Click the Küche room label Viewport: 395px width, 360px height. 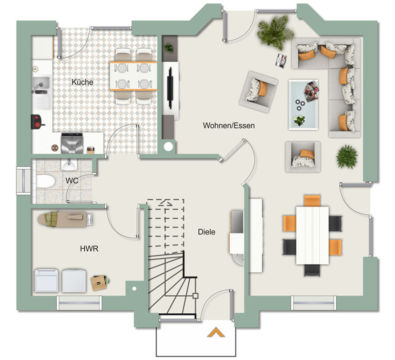[x=82, y=82]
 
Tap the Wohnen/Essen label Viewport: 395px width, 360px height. [x=229, y=125]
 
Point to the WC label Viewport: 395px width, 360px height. [x=72, y=181]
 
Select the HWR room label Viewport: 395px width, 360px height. [x=89, y=249]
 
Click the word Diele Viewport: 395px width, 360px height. [x=207, y=232]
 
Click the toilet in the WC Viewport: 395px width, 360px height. [x=45, y=181]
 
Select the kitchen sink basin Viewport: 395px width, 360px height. [x=41, y=83]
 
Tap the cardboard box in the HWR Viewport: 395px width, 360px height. [x=99, y=283]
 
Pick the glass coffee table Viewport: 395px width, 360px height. [x=304, y=104]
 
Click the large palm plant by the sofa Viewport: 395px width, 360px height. [x=275, y=31]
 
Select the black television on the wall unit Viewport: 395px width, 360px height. [x=171, y=88]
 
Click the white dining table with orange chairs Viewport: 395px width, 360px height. [x=313, y=235]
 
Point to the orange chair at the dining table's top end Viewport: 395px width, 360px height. [x=313, y=200]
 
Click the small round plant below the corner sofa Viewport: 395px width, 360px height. [x=347, y=156]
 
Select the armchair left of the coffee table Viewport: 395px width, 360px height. [x=259, y=92]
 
